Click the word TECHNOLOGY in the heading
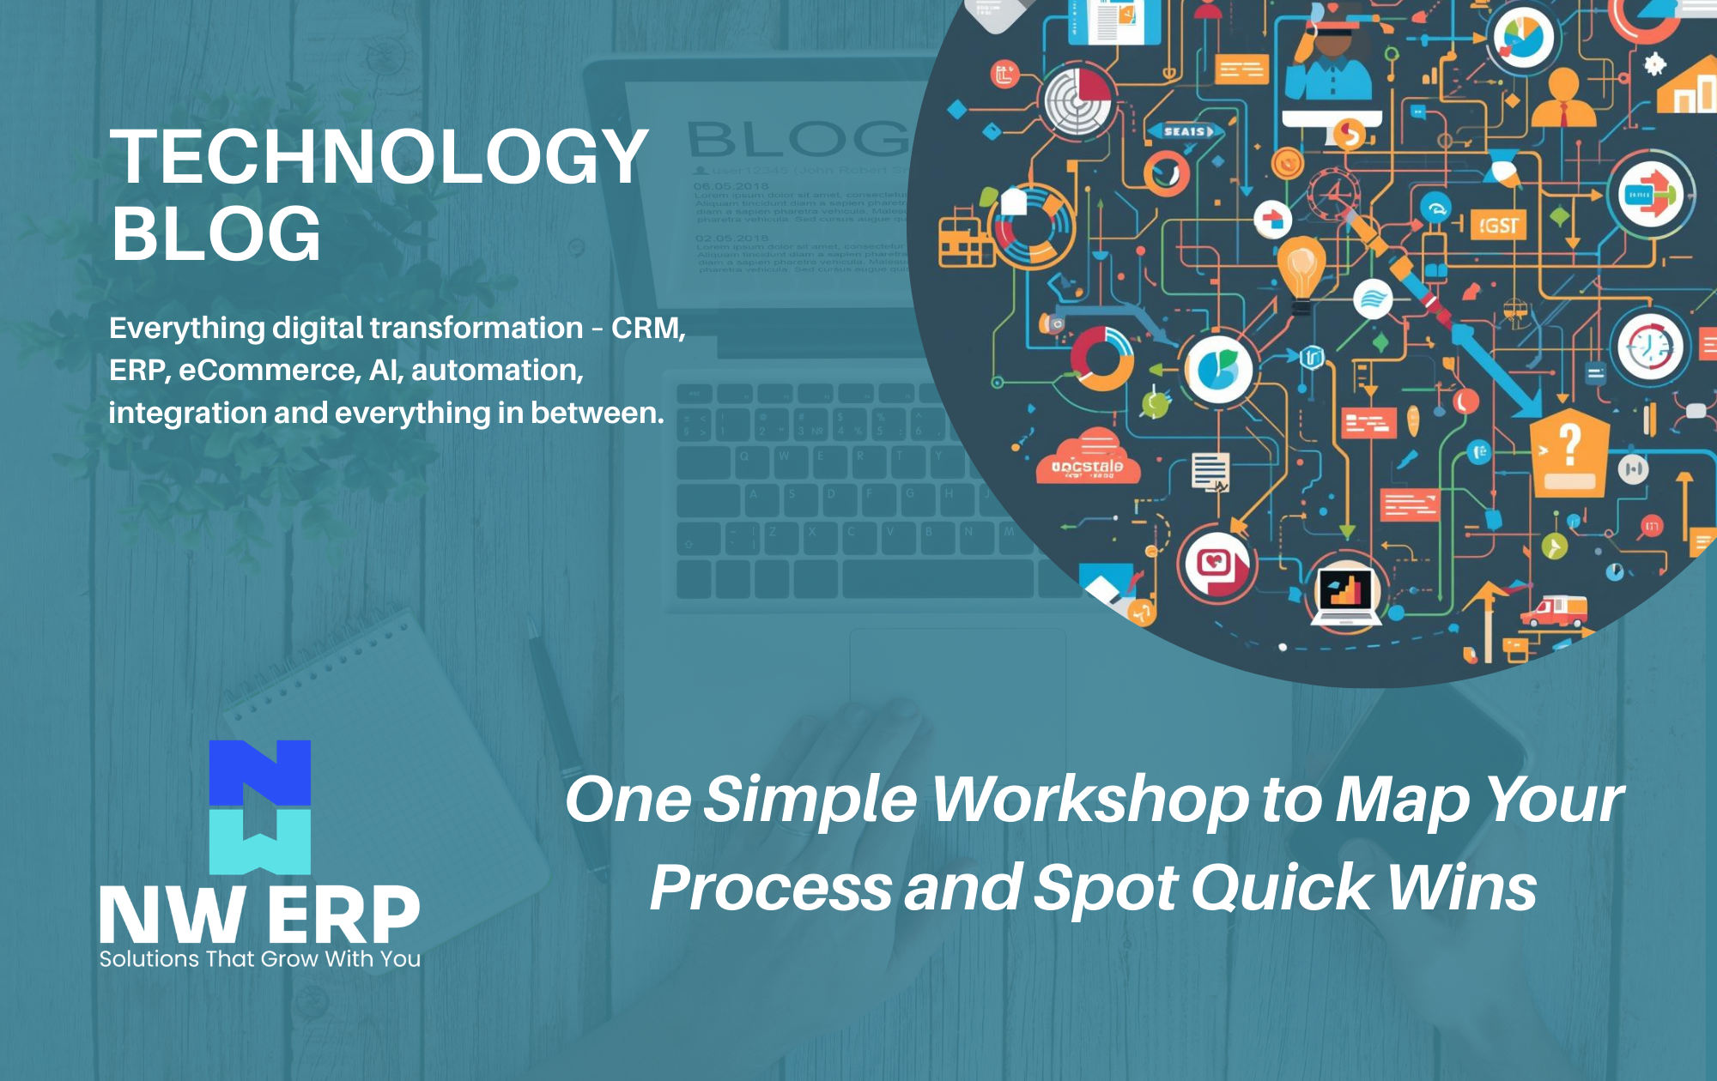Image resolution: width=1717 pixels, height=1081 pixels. (379, 156)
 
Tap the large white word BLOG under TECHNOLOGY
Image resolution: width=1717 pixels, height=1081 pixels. (216, 234)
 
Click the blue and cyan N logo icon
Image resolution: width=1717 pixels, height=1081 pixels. (260, 806)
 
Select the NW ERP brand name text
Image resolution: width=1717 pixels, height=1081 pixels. (259, 916)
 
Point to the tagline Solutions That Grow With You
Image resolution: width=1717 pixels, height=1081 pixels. (259, 959)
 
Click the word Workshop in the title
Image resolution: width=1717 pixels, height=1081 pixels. (1090, 800)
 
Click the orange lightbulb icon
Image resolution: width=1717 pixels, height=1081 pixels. (1301, 268)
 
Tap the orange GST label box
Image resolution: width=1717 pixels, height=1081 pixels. (1498, 226)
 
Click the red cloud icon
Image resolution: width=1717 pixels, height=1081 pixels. (1088, 460)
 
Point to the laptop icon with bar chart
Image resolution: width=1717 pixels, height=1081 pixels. (1345, 594)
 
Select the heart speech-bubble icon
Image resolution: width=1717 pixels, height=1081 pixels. (1216, 565)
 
